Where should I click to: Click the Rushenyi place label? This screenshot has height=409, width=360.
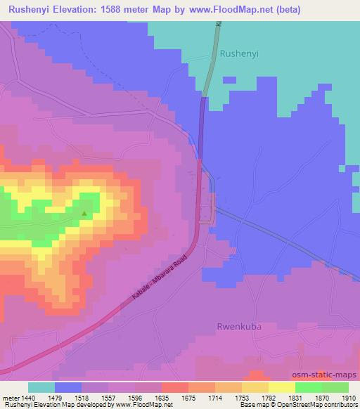240,53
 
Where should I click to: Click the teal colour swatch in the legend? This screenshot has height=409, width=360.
41,387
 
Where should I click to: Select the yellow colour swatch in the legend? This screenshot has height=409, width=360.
281,387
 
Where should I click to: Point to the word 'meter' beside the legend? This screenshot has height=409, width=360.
9,397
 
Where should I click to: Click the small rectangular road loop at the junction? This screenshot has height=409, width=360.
206,211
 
